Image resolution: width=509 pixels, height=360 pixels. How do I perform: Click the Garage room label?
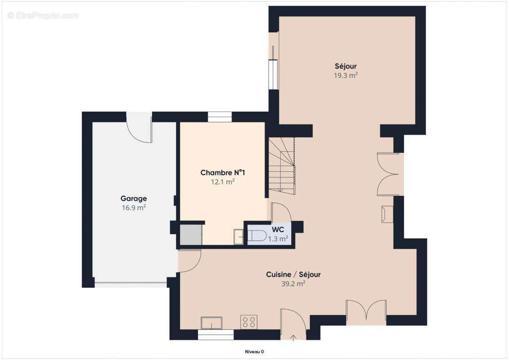pyautogui.click(x=134, y=198)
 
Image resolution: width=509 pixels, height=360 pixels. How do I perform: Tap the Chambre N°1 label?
pyautogui.click(x=223, y=173)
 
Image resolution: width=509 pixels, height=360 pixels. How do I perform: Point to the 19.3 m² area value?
pyautogui.click(x=345, y=76)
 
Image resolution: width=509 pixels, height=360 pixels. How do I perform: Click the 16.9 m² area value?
pyautogui.click(x=134, y=207)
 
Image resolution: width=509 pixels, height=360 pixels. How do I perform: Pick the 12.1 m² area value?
pyautogui.click(x=223, y=182)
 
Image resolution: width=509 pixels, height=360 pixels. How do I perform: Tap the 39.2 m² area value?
pyautogui.click(x=293, y=283)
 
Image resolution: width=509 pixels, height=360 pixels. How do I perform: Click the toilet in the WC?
pyautogui.click(x=257, y=236)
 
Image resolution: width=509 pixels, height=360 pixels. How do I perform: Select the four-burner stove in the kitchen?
pyautogui.click(x=249, y=322)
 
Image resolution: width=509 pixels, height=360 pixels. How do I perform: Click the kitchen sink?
pyautogui.click(x=212, y=323)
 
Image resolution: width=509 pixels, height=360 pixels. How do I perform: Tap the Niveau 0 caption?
pyautogui.click(x=254, y=351)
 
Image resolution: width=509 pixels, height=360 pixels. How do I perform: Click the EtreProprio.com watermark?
pyautogui.click(x=43, y=15)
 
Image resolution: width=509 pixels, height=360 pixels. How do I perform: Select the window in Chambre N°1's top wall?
pyautogui.click(x=220, y=117)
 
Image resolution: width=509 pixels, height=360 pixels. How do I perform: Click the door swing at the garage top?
pyautogui.click(x=140, y=128)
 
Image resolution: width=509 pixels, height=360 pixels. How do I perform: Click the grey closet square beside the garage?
pyautogui.click(x=190, y=234)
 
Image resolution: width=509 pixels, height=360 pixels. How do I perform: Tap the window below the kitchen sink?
pyautogui.click(x=216, y=334)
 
